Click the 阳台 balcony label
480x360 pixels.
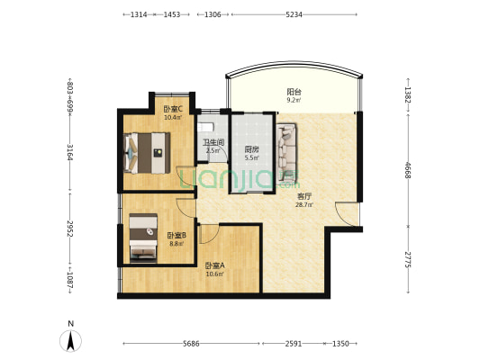294,92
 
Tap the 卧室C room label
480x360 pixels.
173,109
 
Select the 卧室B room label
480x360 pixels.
177,235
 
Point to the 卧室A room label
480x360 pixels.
215,265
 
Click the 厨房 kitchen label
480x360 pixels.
251,149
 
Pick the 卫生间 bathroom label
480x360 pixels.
214,142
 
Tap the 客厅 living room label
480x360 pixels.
304,197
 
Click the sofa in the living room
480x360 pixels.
286,153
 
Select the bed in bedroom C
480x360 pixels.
148,153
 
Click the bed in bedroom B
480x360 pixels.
143,238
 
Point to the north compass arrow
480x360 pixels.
71,341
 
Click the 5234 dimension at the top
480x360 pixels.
294,14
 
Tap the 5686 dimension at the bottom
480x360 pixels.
191,344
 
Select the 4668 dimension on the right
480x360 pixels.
408,170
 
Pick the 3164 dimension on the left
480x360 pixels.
70,152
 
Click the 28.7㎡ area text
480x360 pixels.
304,205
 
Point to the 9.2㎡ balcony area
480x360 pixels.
294,99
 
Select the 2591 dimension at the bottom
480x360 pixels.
294,344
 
